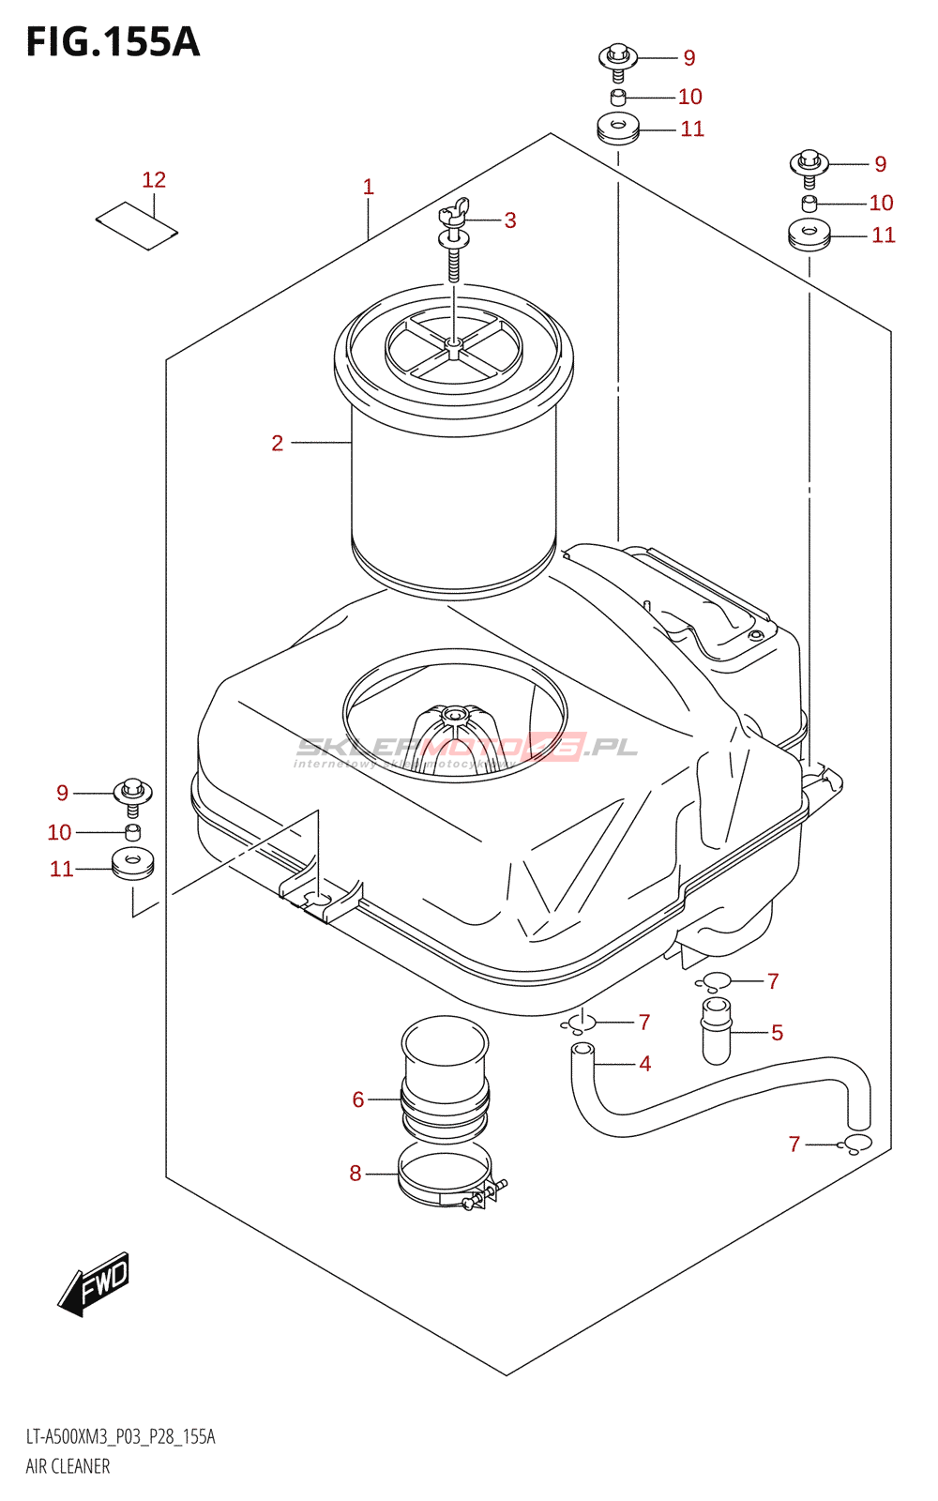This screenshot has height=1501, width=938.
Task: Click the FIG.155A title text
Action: pos(113,42)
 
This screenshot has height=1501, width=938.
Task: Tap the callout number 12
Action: pos(154,179)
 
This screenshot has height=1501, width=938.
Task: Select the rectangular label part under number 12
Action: pos(137,226)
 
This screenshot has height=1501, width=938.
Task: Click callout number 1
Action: pos(369,187)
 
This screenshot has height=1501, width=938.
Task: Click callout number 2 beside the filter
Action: pos(278,443)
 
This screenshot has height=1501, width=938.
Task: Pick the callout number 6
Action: pos(358,1099)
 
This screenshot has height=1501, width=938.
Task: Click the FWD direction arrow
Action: pos(95,1282)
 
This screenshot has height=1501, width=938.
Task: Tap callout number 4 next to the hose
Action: pos(645,1064)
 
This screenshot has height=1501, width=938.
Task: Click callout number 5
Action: pos(778,1033)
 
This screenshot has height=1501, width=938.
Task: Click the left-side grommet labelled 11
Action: pos(132,863)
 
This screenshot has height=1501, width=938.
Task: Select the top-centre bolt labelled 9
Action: pos(618,59)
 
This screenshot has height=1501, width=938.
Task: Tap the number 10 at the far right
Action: pos(882,203)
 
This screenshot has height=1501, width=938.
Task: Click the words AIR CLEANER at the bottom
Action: pos(68,1466)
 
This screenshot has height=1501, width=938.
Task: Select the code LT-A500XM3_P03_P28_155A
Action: pos(120,1437)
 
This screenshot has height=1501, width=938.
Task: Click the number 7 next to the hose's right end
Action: pos(794,1145)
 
